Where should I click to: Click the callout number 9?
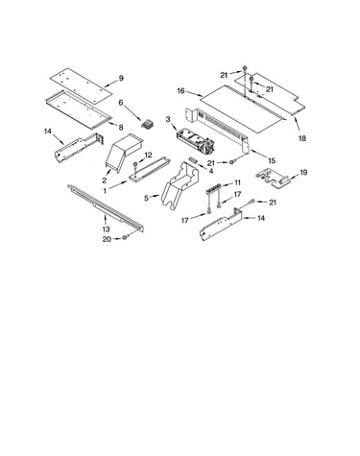coord(121,78)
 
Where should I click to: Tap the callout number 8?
coord(121,128)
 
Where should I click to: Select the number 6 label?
coord(121,103)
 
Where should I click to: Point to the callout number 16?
coord(180,91)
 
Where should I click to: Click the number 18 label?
coord(302,138)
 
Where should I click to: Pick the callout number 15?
coord(272,160)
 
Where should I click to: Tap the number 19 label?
coord(303,173)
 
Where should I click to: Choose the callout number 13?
coord(106,229)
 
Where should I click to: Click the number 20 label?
coord(107,239)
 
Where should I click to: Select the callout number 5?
coord(146,198)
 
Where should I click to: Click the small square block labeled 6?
coord(148,124)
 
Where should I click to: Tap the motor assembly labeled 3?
coord(195,140)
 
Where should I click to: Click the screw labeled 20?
coord(125,238)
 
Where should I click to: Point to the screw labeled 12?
coord(135,166)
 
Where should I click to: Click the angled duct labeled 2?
coord(123,152)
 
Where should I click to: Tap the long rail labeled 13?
coord(106,208)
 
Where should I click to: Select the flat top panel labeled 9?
coord(82,84)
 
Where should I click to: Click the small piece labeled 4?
coord(193,159)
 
